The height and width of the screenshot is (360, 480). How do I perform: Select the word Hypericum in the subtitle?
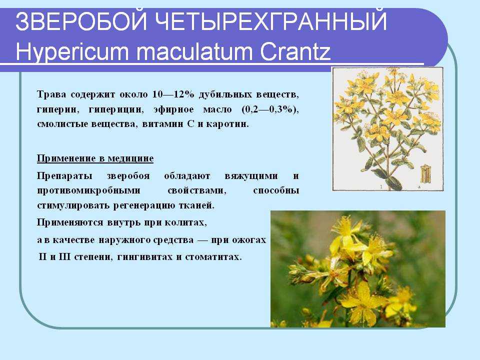point(72,51)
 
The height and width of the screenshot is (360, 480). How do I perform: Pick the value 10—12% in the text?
point(173,94)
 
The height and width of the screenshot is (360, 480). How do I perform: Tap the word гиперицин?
point(116,109)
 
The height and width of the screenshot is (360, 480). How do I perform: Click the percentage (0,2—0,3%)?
point(270,109)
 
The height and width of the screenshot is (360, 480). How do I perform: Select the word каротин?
point(227,124)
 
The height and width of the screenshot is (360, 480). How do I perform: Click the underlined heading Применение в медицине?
point(95,158)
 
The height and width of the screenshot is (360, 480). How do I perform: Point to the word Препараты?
point(64,176)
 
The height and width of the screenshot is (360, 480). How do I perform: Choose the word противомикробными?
point(88,190)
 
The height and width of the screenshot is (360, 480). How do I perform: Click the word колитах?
point(185,222)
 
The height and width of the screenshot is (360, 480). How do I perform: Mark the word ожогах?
point(249,239)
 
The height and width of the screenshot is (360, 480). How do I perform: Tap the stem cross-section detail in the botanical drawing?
point(425,174)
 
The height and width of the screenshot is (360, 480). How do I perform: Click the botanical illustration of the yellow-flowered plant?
point(388,129)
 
